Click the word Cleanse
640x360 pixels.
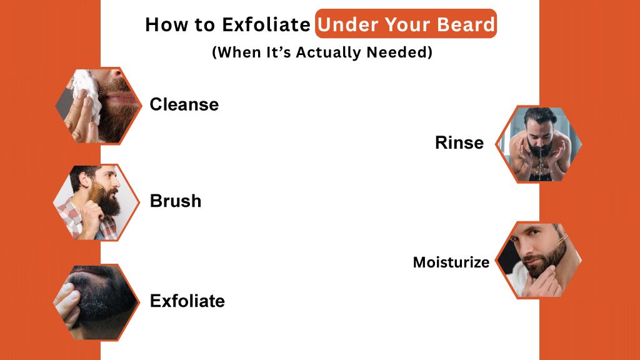pyautogui.click(x=184, y=104)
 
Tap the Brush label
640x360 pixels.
pyautogui.click(x=176, y=201)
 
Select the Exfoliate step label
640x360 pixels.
pyautogui.click(x=187, y=301)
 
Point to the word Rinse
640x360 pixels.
pyautogui.click(x=459, y=143)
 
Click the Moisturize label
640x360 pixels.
pyautogui.click(x=451, y=262)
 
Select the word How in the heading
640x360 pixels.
pyautogui.click(x=164, y=25)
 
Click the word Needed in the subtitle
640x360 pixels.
pyautogui.click(x=404, y=52)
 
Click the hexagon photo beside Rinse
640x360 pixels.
pyautogui.click(x=539, y=144)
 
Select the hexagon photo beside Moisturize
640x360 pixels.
pyautogui.click(x=539, y=259)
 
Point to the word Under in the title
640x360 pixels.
pyautogui.click(x=346, y=24)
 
